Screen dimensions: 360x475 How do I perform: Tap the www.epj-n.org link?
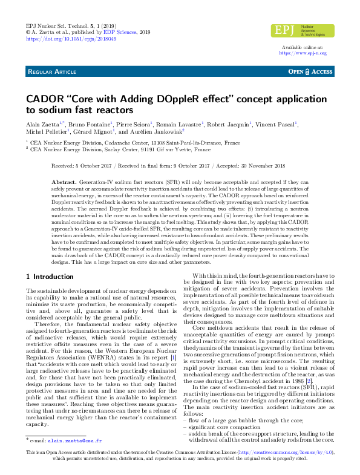point(303,53)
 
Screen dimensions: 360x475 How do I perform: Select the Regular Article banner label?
point(52,72)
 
